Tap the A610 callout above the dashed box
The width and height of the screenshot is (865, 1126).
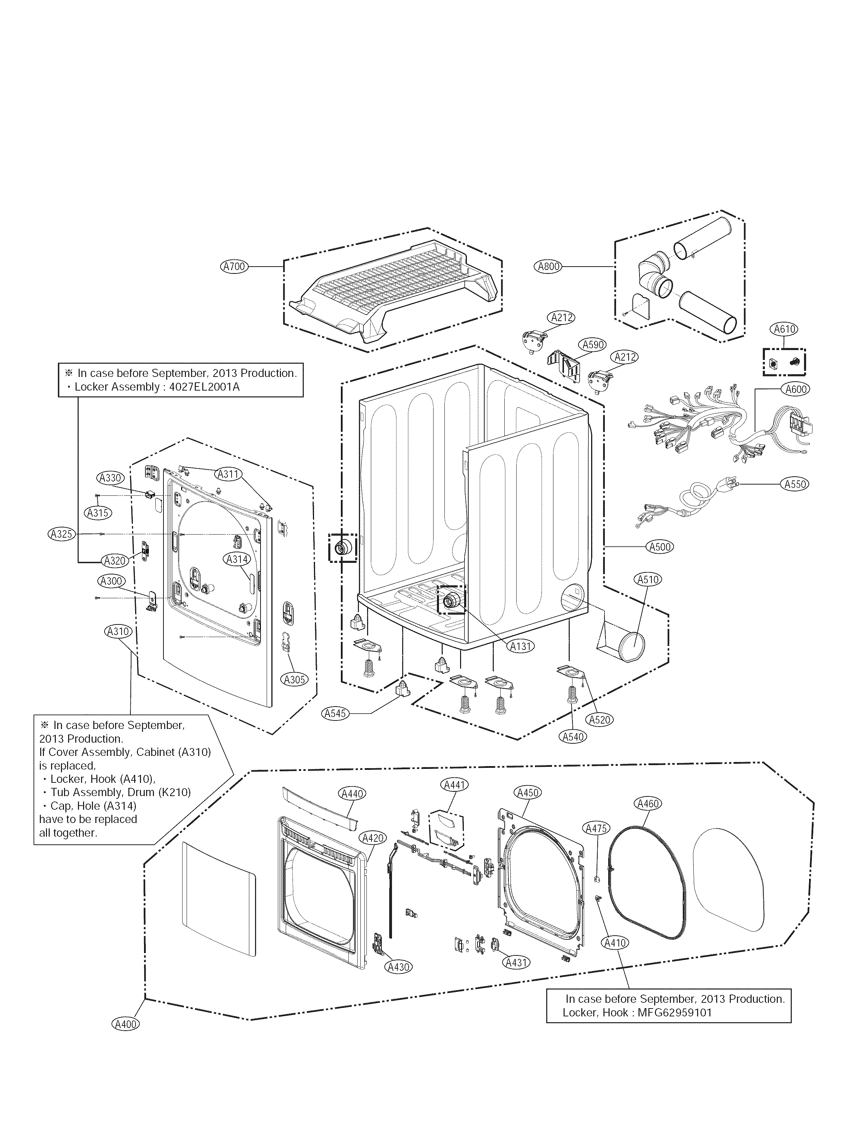784,329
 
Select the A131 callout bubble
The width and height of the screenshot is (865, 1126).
521,646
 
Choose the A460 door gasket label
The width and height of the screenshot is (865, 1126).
648,803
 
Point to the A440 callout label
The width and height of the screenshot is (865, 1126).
352,793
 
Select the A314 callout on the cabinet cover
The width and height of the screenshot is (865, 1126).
237,559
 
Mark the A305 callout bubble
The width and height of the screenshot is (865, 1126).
295,680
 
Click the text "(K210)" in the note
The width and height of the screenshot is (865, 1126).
175,792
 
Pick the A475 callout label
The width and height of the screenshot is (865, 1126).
597,828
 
